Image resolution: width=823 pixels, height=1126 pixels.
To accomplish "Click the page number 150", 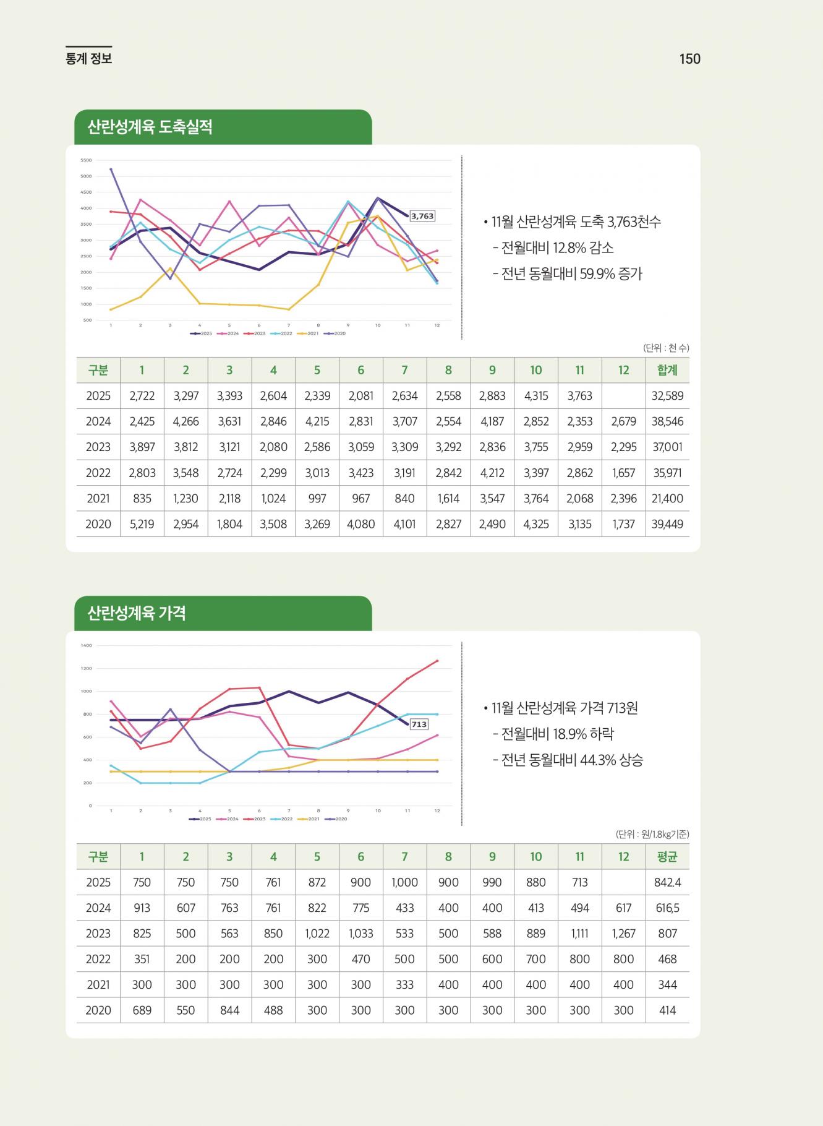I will tap(689, 59).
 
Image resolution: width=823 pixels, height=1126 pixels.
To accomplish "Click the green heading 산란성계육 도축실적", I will tap(150, 127).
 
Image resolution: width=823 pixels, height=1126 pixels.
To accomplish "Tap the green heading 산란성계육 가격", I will tap(137, 613).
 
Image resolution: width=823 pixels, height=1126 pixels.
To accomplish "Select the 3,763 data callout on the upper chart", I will tap(422, 216).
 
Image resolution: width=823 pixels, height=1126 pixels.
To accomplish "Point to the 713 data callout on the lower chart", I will tap(419, 724).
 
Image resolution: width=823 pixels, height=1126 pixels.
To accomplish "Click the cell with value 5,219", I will tap(142, 524).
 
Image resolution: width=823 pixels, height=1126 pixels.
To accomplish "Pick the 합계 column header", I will tap(667, 370).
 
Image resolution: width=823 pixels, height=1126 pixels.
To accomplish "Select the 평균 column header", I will tap(667, 856).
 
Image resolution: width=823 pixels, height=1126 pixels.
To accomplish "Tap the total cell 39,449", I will tap(667, 524).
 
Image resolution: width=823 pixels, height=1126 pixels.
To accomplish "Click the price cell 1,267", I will tap(623, 933).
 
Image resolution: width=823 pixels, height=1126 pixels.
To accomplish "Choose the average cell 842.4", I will tap(667, 882).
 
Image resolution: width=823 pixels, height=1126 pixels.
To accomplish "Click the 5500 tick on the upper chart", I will tap(86, 160).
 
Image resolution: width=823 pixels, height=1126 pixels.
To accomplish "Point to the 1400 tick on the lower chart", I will tap(86, 645).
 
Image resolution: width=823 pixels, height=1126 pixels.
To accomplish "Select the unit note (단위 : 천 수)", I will tap(666, 348).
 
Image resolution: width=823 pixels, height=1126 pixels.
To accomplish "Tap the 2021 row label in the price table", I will tap(98, 984).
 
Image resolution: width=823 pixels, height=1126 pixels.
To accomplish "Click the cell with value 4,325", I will tap(535, 524).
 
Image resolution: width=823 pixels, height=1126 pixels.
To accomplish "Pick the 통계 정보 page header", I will tap(88, 59).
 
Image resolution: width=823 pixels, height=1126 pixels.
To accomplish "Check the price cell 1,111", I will tap(579, 933).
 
